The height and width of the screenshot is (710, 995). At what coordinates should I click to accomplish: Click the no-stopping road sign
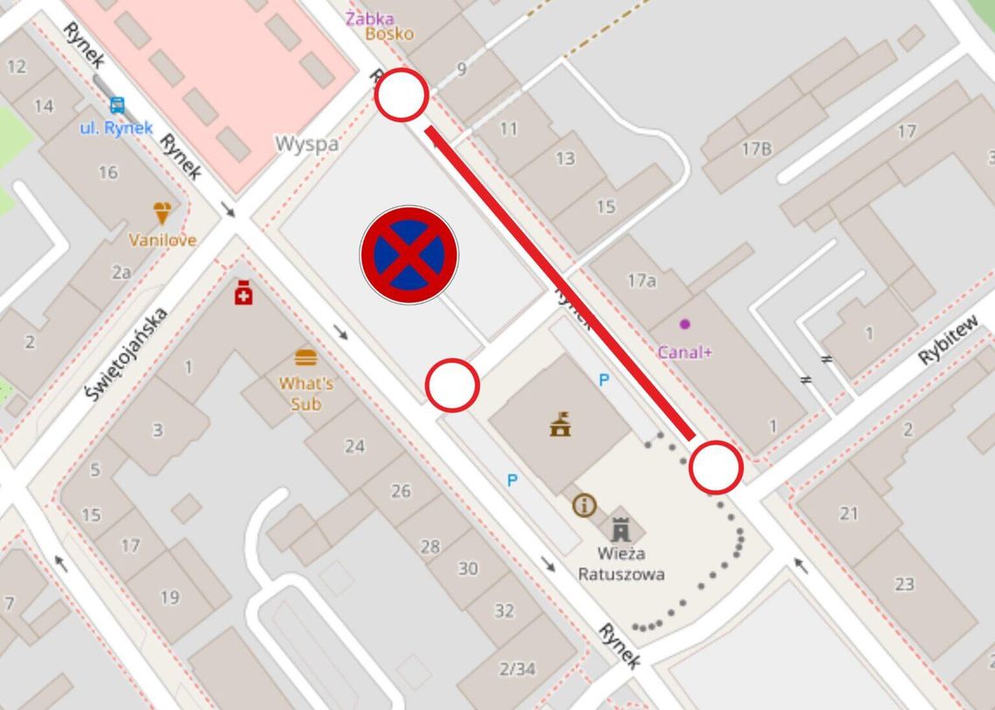coord(409,255)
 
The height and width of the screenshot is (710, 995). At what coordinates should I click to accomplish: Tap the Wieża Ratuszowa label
coord(621,563)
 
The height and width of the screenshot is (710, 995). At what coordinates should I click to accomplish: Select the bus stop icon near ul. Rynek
coord(117,106)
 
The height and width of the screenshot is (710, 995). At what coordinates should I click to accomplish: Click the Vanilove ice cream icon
coord(162,213)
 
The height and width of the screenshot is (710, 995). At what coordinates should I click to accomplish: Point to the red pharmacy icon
coord(244,294)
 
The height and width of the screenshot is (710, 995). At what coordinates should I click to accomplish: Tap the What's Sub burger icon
coord(305,358)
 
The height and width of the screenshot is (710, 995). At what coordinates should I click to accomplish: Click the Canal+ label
coord(684,353)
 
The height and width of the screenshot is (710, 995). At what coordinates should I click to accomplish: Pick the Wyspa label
coord(306,144)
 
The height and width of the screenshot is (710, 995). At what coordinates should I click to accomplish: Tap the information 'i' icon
coord(584,504)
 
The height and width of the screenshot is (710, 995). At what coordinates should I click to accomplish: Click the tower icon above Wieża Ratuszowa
coord(621,527)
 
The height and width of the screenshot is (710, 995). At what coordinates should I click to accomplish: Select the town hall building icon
coord(559,424)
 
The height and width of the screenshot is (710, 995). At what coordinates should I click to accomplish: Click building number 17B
coord(756,149)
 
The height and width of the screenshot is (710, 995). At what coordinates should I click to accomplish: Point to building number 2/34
coord(517,669)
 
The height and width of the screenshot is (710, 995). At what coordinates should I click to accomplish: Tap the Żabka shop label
coord(370,18)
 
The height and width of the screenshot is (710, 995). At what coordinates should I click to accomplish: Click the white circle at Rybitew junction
coord(716,468)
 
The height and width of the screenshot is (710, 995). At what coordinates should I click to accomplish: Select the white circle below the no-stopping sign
coord(452,385)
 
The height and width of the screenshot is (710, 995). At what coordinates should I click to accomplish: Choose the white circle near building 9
coord(401,94)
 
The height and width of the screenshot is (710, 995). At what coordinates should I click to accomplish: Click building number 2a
coord(121,272)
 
